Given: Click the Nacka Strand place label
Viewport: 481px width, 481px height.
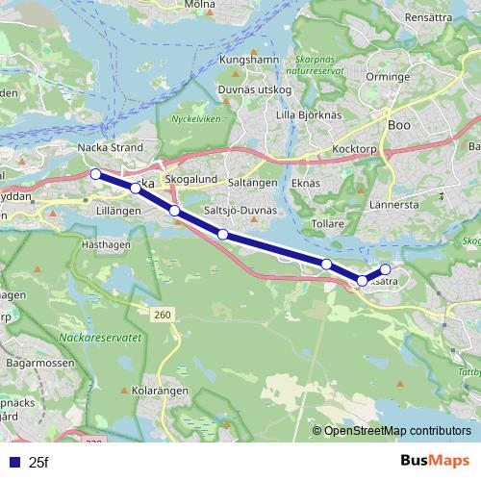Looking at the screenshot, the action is click(110, 148).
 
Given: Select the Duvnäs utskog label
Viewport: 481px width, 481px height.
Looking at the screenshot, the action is click(255, 89).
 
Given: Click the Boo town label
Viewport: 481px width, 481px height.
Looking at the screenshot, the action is click(398, 125).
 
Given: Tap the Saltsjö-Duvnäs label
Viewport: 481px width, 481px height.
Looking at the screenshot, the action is click(240, 210).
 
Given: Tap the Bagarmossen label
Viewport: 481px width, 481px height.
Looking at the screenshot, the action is click(33, 365).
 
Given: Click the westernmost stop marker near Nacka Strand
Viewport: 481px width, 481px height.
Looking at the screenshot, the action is click(95, 174).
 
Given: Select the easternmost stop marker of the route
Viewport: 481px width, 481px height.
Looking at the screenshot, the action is click(386, 269).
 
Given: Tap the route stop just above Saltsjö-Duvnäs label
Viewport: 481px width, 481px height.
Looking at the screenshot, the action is click(222, 234).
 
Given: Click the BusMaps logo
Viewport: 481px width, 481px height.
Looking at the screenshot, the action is click(435, 462).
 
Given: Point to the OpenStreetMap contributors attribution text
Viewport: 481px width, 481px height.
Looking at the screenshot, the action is click(397, 431).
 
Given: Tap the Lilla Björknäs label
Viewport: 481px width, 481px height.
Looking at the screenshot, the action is click(309, 115).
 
